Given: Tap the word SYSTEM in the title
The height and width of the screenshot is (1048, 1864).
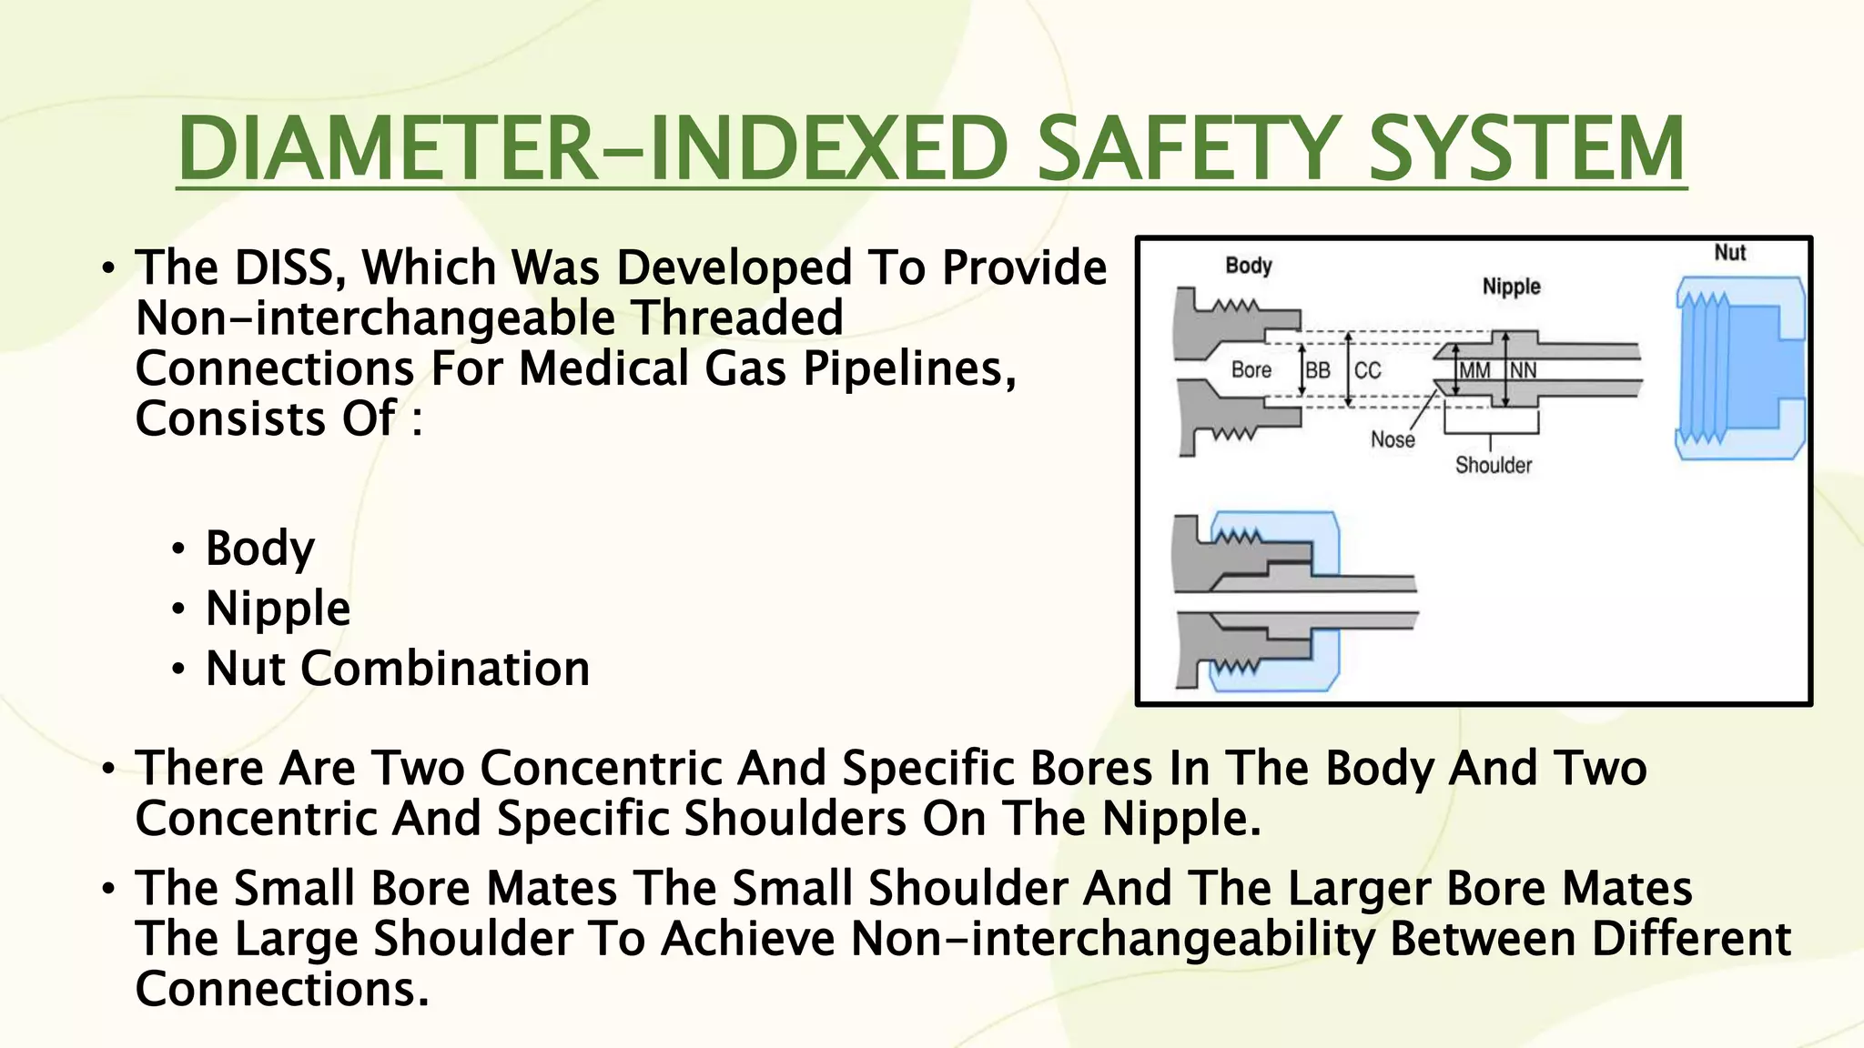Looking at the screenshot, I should point(1525,148).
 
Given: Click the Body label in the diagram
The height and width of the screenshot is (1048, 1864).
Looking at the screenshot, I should point(1248,266).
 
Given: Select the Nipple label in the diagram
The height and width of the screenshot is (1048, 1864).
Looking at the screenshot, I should point(1511,287).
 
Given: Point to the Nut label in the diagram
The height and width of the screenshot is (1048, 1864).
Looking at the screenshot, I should point(1729,253).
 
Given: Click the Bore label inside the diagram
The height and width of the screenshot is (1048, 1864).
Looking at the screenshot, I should point(1251,369).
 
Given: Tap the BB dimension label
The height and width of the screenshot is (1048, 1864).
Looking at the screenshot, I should point(1318,370).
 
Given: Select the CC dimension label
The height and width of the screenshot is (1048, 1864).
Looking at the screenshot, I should point(1367,370).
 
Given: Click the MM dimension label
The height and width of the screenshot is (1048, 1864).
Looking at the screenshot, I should point(1474,370).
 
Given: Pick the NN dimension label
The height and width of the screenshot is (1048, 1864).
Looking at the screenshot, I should point(1523,370).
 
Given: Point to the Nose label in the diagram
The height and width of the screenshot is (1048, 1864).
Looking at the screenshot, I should point(1393,440).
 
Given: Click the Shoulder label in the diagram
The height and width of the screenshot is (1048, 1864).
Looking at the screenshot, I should point(1493,466).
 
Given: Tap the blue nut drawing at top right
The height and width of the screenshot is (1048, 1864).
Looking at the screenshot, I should point(1738,368).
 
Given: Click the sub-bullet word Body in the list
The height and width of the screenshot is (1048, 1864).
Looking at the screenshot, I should point(260,549).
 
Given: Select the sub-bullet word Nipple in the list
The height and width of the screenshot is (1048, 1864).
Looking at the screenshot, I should point(278,609).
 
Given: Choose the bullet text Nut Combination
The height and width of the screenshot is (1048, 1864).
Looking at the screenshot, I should point(398,669).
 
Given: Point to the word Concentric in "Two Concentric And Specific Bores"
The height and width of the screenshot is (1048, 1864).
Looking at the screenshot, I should point(600,768).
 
